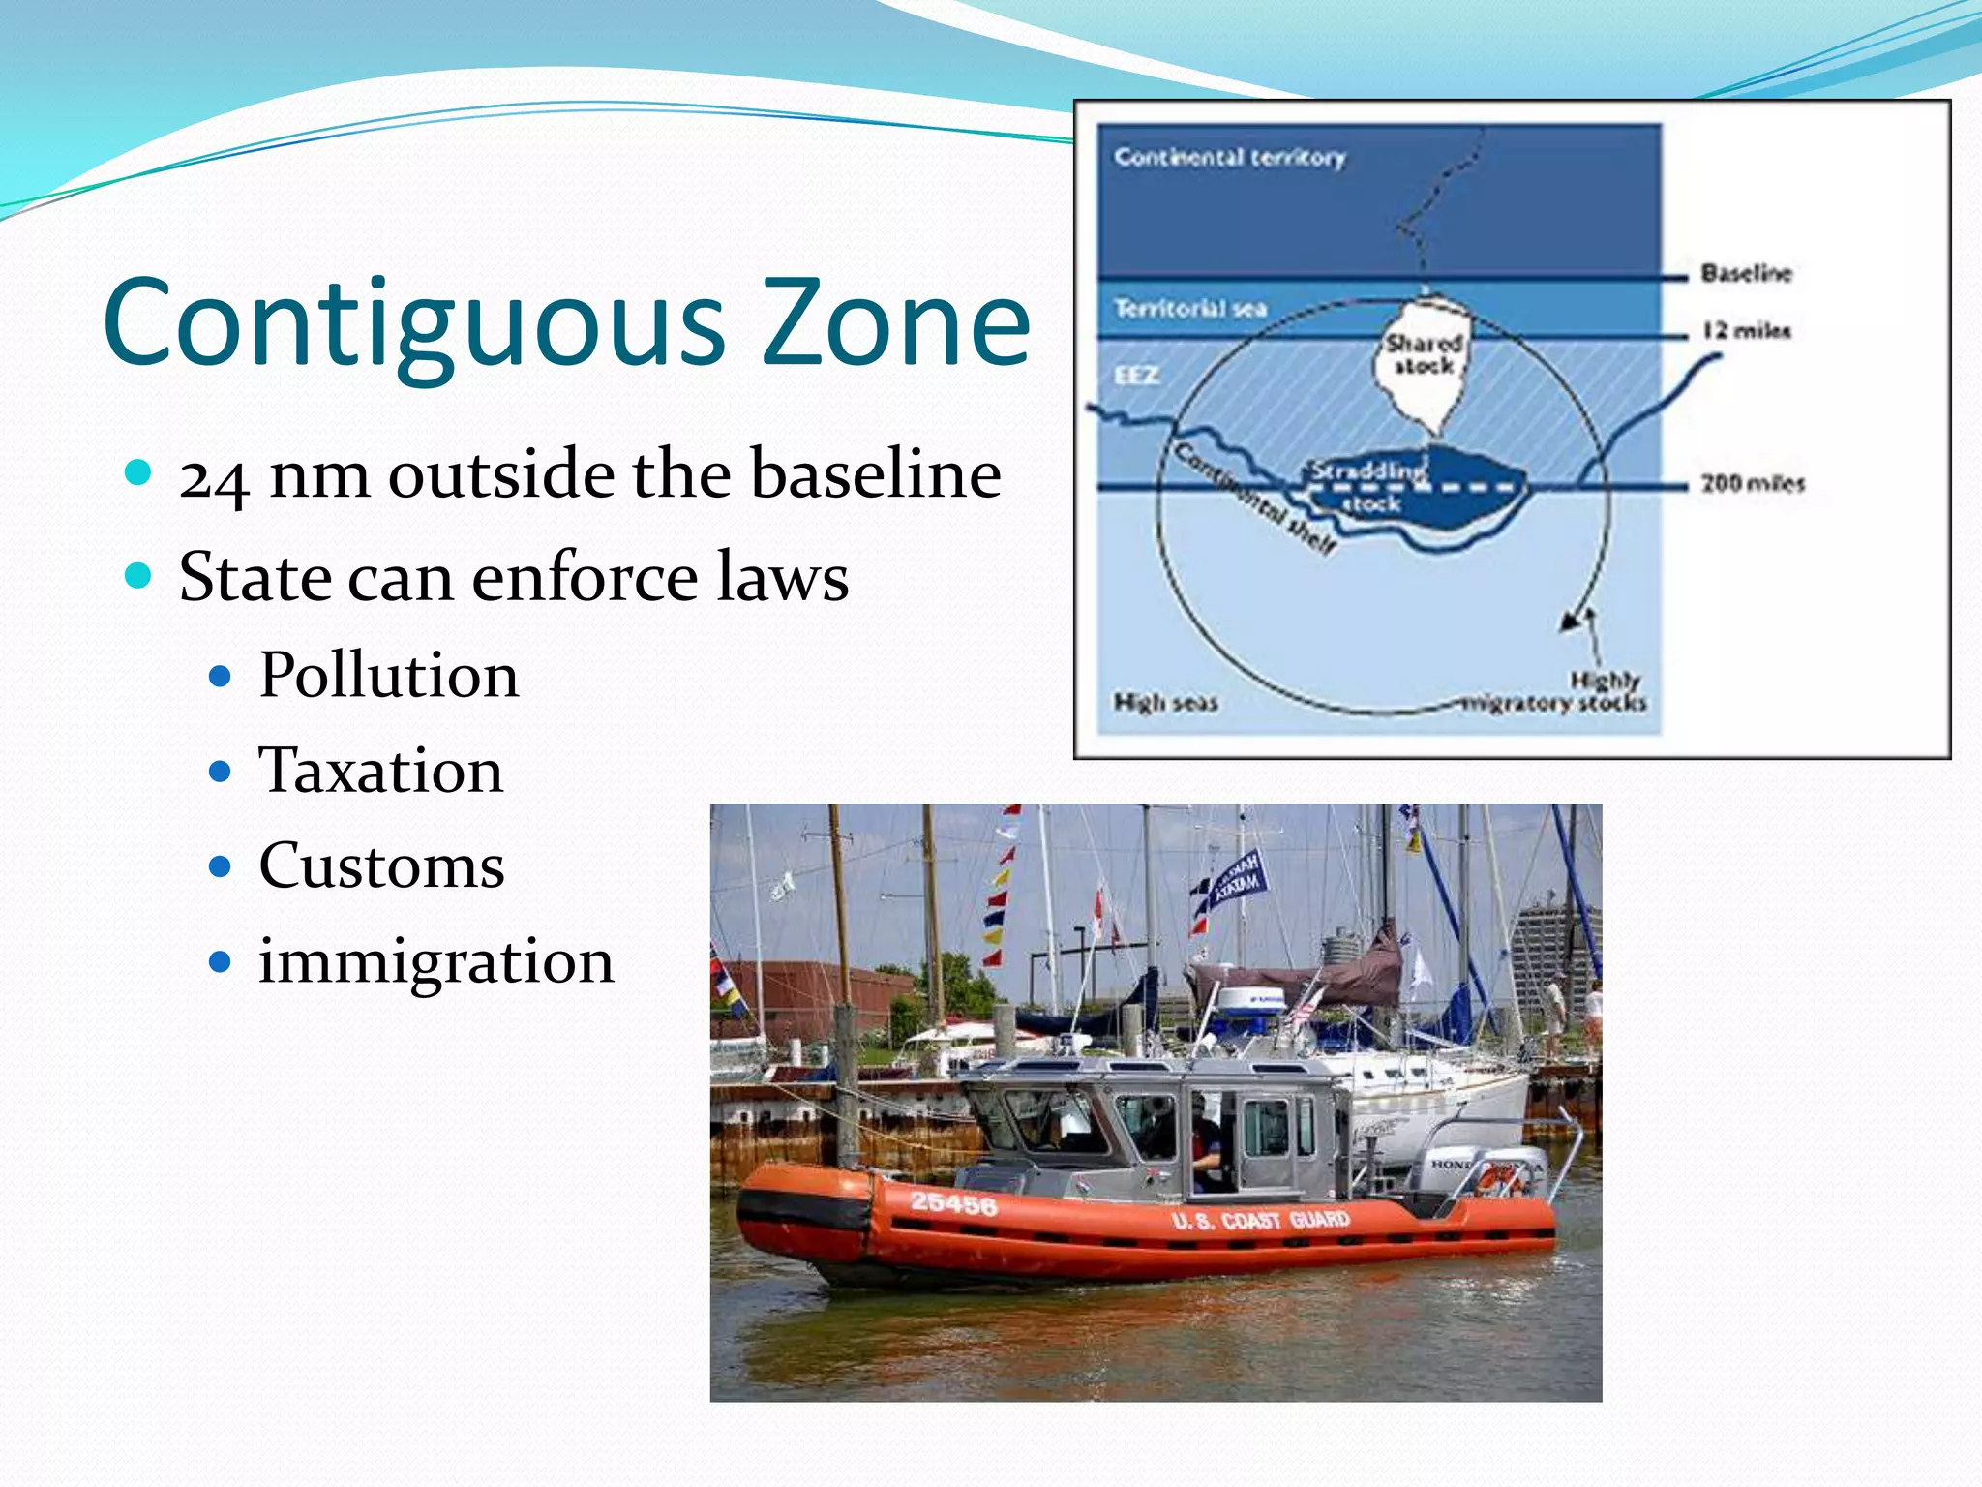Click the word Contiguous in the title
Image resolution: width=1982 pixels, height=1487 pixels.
(414, 324)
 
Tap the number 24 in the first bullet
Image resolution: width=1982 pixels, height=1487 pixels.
(214, 476)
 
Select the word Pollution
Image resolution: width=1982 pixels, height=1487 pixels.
(388, 675)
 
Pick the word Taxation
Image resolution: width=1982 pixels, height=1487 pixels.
(380, 771)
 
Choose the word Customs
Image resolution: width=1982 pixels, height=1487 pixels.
(381, 865)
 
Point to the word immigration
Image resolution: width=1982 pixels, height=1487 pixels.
(435, 961)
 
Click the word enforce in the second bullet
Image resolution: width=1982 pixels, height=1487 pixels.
(585, 578)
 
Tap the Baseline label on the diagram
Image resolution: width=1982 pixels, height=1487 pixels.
(1746, 273)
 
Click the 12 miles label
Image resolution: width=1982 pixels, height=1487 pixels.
(1746, 331)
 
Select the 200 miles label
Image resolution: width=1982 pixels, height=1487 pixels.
(1752, 483)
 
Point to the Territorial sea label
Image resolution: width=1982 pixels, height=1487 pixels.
(1189, 309)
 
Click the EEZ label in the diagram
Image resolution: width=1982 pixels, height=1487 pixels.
(1136, 375)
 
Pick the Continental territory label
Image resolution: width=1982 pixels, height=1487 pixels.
(1229, 157)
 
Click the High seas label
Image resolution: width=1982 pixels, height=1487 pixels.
(1165, 702)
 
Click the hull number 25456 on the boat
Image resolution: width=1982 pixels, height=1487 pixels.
(953, 1203)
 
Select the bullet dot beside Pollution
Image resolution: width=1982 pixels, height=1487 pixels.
(221, 676)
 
